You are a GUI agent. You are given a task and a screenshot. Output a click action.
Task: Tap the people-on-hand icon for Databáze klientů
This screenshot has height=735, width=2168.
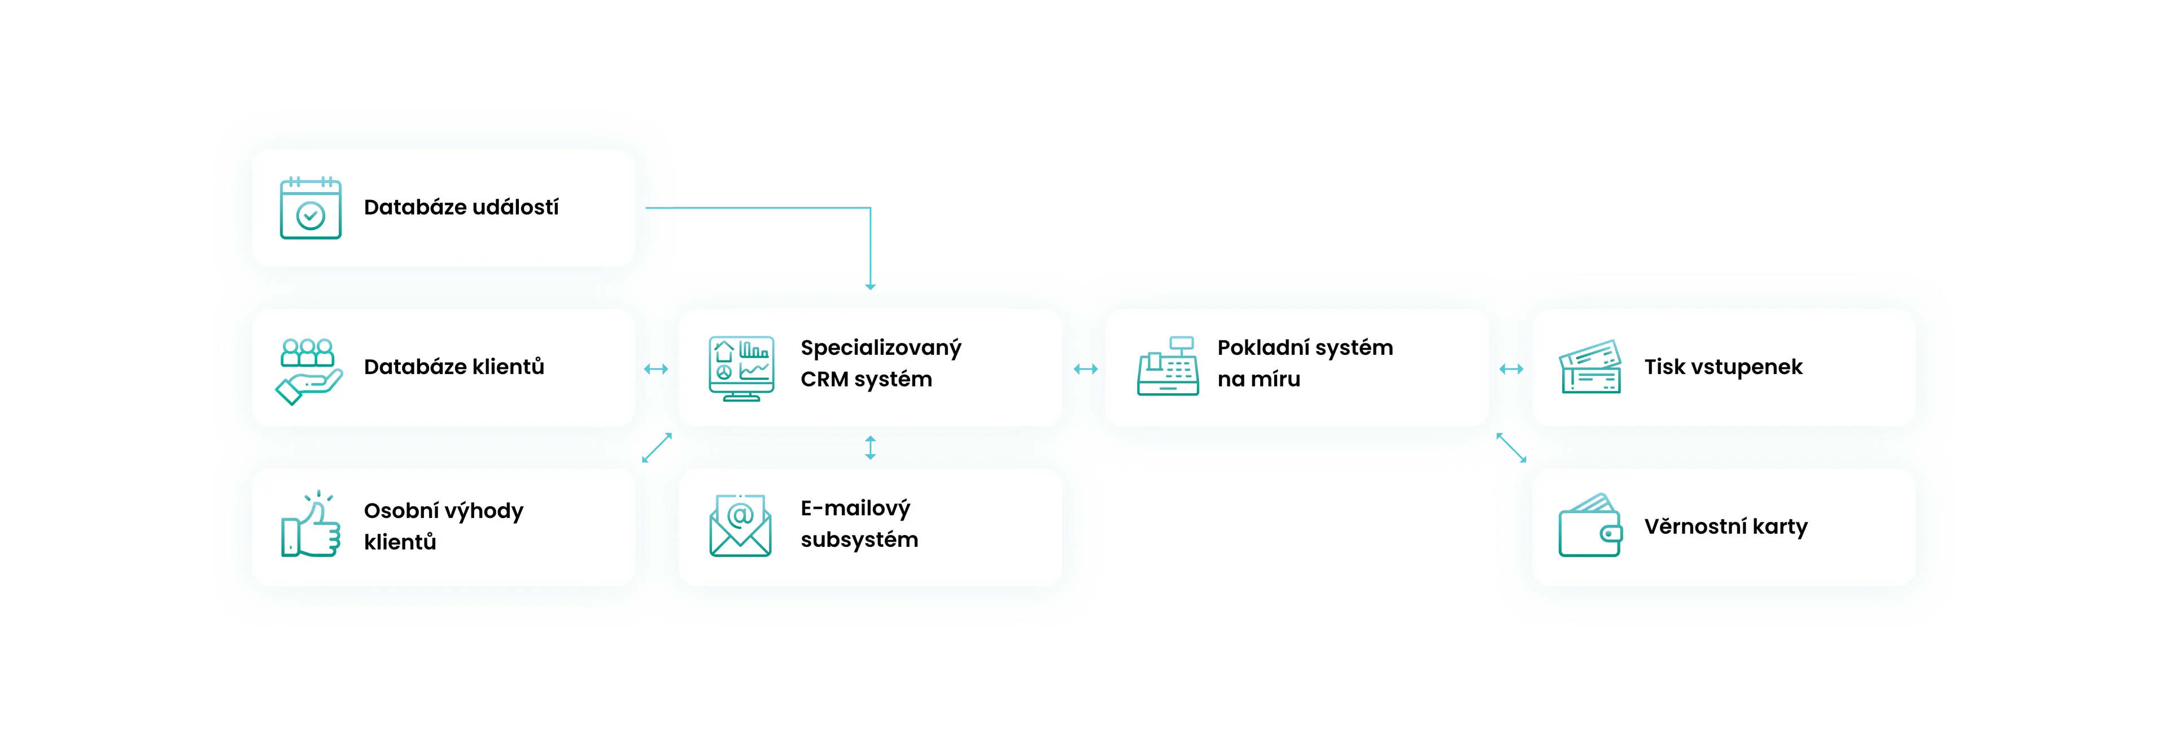(x=309, y=371)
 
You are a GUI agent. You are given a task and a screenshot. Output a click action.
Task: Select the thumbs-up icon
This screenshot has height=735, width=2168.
(x=310, y=525)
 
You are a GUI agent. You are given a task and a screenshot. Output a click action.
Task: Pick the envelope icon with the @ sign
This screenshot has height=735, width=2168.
(x=740, y=526)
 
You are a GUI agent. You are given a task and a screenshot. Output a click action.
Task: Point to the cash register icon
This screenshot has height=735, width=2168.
(x=1168, y=367)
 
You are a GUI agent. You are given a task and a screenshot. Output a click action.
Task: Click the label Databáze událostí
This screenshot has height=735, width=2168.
(x=461, y=208)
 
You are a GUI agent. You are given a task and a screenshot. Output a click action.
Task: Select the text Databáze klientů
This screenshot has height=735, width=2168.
(x=453, y=367)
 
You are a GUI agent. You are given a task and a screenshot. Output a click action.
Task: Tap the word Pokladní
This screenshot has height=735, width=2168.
(x=1262, y=347)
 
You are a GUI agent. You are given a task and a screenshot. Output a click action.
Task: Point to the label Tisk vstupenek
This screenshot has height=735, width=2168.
(x=1723, y=367)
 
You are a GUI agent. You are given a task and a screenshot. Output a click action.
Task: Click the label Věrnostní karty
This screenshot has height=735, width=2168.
(x=1725, y=527)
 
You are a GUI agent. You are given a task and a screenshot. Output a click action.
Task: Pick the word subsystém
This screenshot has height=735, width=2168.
(x=858, y=540)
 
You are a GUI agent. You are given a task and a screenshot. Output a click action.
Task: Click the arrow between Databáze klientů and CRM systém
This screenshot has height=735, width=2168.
(x=655, y=369)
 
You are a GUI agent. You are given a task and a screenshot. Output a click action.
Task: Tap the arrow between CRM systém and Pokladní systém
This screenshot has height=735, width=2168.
(x=1085, y=369)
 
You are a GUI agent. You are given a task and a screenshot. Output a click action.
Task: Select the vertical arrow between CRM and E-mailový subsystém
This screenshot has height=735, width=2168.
(x=870, y=447)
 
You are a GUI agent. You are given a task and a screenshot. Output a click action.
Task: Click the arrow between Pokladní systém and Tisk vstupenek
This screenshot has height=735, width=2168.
(x=1511, y=369)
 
